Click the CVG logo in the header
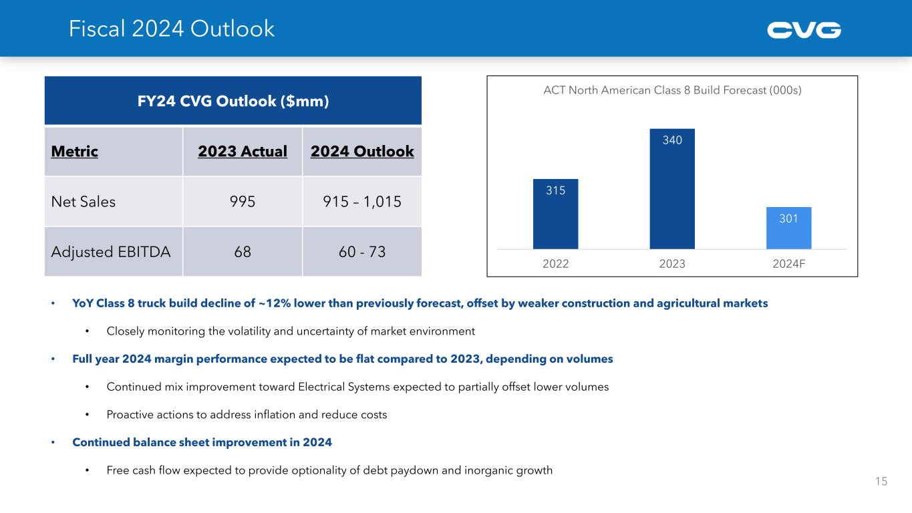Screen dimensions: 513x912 coord(804,30)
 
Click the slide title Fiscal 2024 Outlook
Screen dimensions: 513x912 coord(172,29)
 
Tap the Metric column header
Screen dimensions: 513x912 coord(74,152)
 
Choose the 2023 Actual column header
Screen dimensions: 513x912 coord(243,152)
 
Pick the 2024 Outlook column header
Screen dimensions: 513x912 coord(362,152)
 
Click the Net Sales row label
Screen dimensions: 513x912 coord(84,202)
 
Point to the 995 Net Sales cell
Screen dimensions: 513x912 coord(243,202)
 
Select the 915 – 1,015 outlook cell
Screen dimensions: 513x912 coord(362,202)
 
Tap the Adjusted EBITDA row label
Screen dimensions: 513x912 coord(111,252)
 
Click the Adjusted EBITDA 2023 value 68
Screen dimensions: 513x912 coord(243,252)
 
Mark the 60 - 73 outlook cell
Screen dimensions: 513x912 coord(362,252)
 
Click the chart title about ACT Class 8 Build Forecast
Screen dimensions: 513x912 coord(672,91)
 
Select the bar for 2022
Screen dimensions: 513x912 coord(555,214)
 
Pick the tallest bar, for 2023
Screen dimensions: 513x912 coord(672,189)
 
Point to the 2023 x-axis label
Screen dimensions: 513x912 coord(672,263)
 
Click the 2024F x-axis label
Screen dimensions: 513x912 coord(788,263)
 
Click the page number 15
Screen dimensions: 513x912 coord(881,481)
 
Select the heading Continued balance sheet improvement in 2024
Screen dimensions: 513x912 coord(202,442)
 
